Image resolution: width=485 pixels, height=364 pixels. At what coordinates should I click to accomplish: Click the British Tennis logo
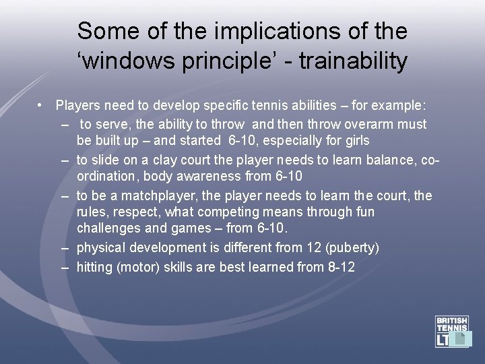(453, 331)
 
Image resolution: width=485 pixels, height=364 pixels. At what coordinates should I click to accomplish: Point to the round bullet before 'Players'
(41, 106)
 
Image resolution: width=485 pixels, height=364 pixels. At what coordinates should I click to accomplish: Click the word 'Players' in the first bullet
(76, 106)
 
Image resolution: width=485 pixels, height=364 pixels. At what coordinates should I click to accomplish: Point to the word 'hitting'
(94, 267)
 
